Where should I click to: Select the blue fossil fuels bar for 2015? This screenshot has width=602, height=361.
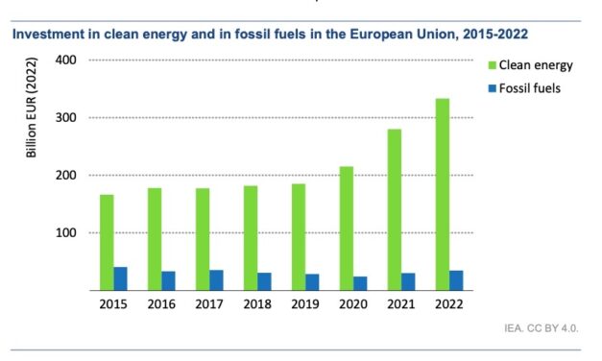[120, 278]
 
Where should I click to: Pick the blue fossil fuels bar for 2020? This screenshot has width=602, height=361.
[360, 283]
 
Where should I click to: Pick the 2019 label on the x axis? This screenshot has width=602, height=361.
[305, 304]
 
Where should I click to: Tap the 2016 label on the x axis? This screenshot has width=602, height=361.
[161, 304]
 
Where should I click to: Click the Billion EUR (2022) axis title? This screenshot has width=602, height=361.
[32, 107]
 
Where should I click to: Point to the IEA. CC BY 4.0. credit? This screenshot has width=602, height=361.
[542, 328]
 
